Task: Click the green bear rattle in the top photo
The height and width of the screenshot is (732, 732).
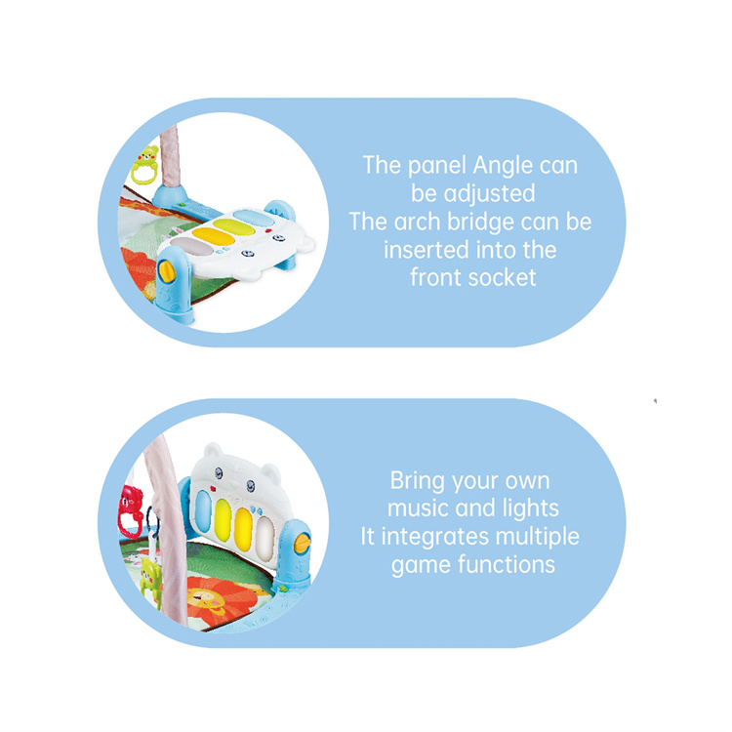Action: [x=145, y=165]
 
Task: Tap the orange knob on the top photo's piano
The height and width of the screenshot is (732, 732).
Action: [x=167, y=270]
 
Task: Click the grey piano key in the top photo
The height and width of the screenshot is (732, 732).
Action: [x=191, y=246]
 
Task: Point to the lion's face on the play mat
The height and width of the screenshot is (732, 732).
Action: [x=204, y=598]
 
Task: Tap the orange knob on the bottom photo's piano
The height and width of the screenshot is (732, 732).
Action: [x=303, y=544]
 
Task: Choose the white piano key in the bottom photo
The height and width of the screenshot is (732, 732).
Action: [x=264, y=535]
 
